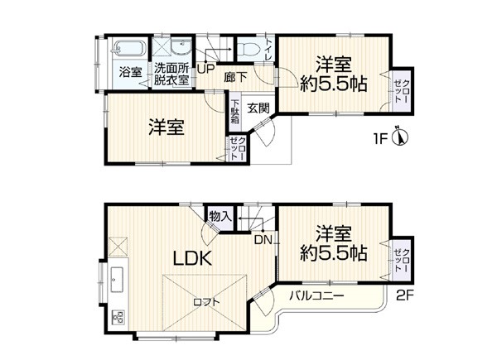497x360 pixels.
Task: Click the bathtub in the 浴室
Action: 128,49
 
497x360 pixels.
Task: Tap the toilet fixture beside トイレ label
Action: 249,49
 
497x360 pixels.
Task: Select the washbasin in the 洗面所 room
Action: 181,48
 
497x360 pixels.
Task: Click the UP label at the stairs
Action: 206,69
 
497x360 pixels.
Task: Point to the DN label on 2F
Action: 263,240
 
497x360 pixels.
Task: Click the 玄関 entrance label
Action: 258,108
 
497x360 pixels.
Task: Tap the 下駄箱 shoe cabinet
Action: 235,112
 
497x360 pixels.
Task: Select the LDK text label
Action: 192,259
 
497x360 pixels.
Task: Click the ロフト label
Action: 206,302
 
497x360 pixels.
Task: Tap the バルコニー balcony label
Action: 316,296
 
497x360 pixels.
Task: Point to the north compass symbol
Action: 400,137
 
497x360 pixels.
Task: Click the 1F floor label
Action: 380,139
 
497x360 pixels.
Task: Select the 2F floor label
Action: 405,295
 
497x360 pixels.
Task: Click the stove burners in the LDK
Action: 118,318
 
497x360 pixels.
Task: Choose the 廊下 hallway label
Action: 235,78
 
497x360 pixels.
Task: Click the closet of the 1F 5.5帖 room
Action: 402,90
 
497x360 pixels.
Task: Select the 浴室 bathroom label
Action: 130,73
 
